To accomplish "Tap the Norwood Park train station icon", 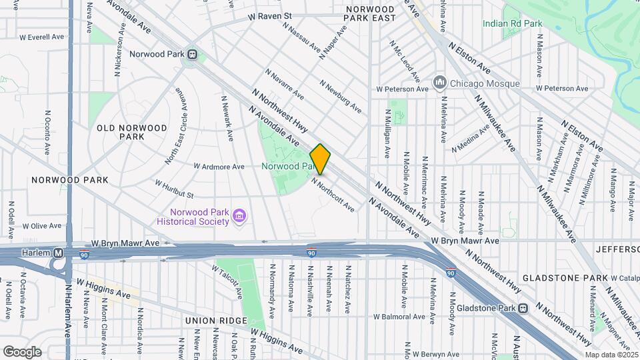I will click(192, 54).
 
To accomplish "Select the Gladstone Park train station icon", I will click(523, 308).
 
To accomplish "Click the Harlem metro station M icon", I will click(58, 253).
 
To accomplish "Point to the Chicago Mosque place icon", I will click(439, 83).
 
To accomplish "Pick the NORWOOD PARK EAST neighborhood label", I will click(371, 14).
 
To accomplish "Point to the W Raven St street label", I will click(270, 16).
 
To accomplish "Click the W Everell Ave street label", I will click(41, 37).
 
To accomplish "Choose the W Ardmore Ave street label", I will click(219, 166).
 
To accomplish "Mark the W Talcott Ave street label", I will click(227, 281).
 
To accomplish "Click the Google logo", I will click(22, 351).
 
